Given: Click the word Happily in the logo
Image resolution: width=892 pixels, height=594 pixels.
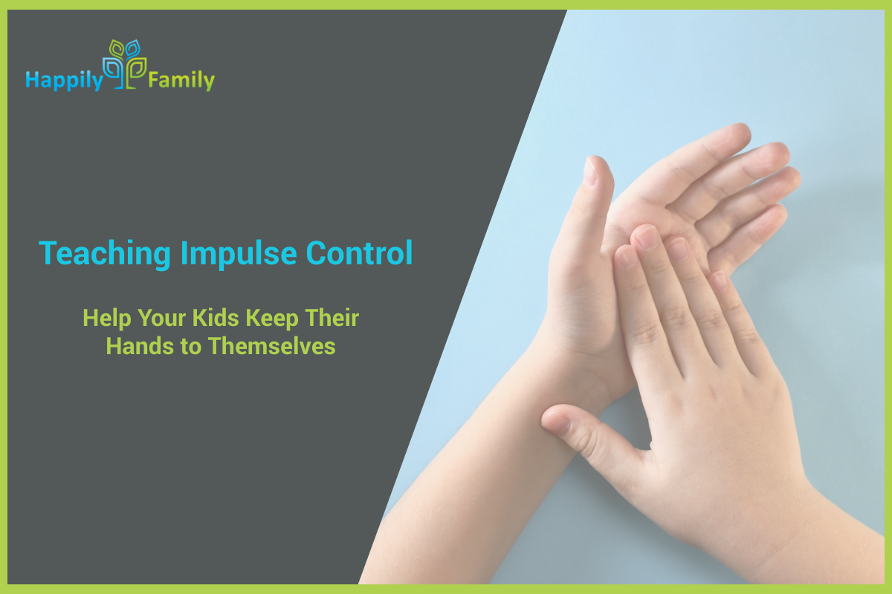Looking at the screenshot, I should [63, 79].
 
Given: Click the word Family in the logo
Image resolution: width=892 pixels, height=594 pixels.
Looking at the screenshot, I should [181, 79].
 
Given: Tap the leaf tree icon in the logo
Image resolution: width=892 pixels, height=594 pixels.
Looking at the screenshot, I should [124, 64].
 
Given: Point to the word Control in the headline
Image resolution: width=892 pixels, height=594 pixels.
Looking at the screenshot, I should [359, 254].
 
